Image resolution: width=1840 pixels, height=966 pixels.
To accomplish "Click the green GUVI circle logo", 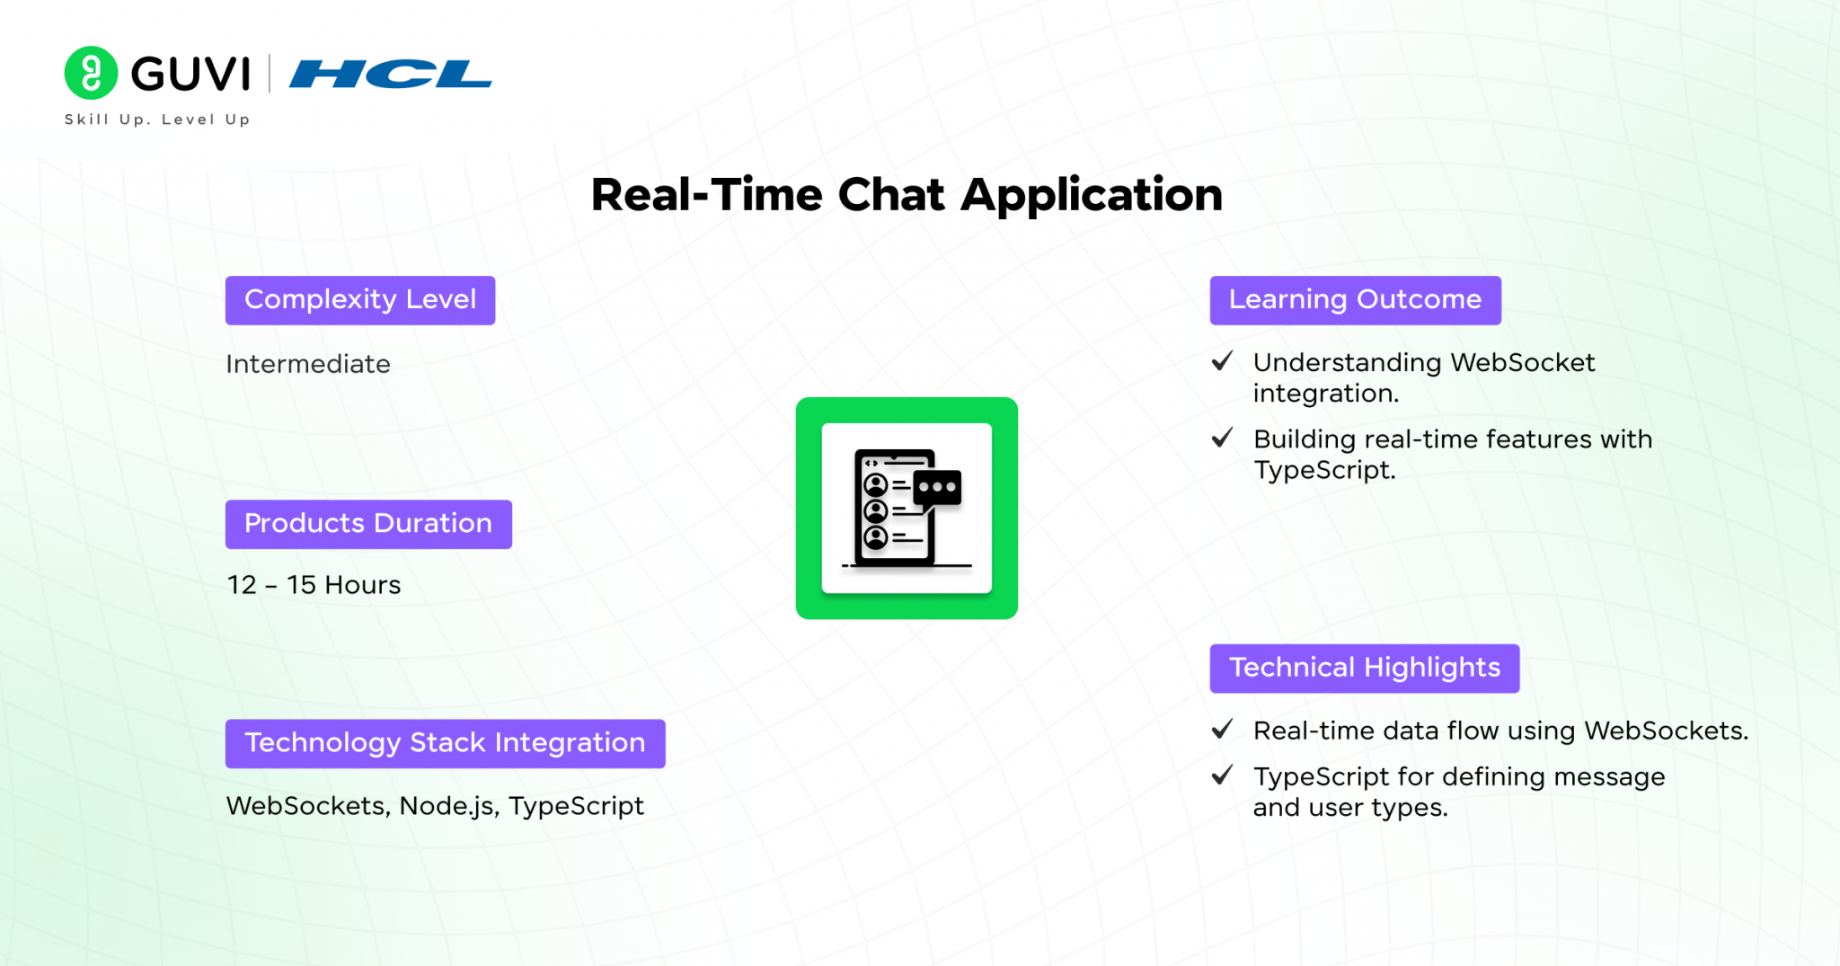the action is click(91, 73).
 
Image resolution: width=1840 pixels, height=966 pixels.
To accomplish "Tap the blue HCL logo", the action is click(391, 74).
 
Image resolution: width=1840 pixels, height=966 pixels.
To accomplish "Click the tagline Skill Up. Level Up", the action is click(157, 120).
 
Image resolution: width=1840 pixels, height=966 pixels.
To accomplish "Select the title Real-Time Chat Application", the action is click(907, 195).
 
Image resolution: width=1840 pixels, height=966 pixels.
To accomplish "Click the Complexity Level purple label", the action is click(360, 300).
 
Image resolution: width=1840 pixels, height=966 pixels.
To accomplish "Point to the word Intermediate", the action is click(308, 364).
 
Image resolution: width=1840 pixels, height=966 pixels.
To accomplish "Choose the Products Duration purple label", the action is click(368, 524).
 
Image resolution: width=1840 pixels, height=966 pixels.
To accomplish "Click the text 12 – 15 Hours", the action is click(314, 585).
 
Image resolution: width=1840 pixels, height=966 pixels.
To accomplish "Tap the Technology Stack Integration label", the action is click(446, 743).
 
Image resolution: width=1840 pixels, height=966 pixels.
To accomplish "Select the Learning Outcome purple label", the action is click(1356, 300).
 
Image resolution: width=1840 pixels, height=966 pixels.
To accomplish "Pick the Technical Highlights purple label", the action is click(1365, 668).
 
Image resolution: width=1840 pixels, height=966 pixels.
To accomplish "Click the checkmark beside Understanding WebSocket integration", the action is click(1222, 361).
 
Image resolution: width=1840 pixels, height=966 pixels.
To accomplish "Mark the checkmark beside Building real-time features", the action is click(1222, 438).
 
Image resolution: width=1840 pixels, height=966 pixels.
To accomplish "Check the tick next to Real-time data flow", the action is click(1222, 730).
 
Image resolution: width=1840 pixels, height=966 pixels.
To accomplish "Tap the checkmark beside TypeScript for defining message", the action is click(1222, 775).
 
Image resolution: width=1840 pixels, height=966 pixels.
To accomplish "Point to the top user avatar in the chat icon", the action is click(876, 485).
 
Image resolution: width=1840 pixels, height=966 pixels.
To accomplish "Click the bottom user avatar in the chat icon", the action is click(876, 537).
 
